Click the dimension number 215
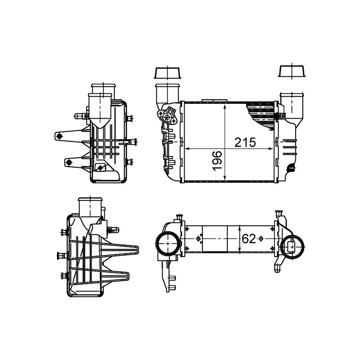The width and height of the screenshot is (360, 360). point(245,143)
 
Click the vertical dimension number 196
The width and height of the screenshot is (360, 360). point(217,161)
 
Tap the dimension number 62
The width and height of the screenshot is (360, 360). point(249,239)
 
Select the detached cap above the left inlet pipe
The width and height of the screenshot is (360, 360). point(167,73)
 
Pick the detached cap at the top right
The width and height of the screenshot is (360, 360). point(292,71)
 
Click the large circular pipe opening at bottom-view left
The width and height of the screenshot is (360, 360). point(168,244)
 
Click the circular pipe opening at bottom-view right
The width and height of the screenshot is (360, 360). point(292,247)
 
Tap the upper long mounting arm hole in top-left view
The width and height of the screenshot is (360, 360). point(59,136)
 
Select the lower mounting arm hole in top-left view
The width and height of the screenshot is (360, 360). point(69,163)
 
